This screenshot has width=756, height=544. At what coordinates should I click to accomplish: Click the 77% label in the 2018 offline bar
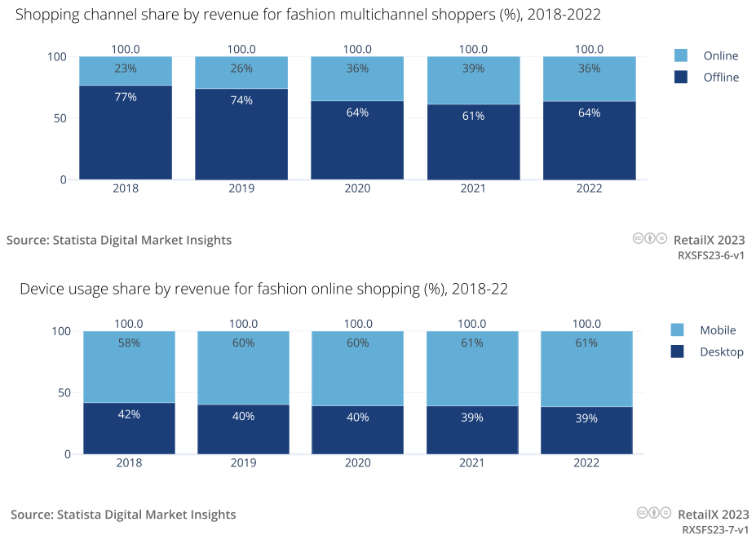click(126, 97)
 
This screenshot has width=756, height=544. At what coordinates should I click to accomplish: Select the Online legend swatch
click(681, 55)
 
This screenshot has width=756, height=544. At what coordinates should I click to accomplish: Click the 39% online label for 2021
click(473, 69)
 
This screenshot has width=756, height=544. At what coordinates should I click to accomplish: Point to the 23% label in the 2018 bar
click(126, 69)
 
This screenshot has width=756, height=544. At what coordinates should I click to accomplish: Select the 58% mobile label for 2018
click(129, 343)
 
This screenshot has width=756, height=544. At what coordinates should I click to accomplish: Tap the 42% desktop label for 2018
click(129, 414)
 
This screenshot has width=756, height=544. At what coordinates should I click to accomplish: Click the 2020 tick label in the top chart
click(357, 188)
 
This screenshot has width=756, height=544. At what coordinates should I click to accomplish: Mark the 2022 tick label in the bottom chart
click(586, 462)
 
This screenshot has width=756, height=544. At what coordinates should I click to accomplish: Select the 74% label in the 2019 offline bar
click(241, 100)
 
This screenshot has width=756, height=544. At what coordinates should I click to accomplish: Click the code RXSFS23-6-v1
click(711, 255)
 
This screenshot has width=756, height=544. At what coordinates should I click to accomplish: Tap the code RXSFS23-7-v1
click(715, 529)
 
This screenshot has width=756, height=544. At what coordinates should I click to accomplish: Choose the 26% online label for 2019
click(241, 69)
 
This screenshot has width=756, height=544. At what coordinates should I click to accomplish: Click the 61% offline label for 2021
click(473, 116)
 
